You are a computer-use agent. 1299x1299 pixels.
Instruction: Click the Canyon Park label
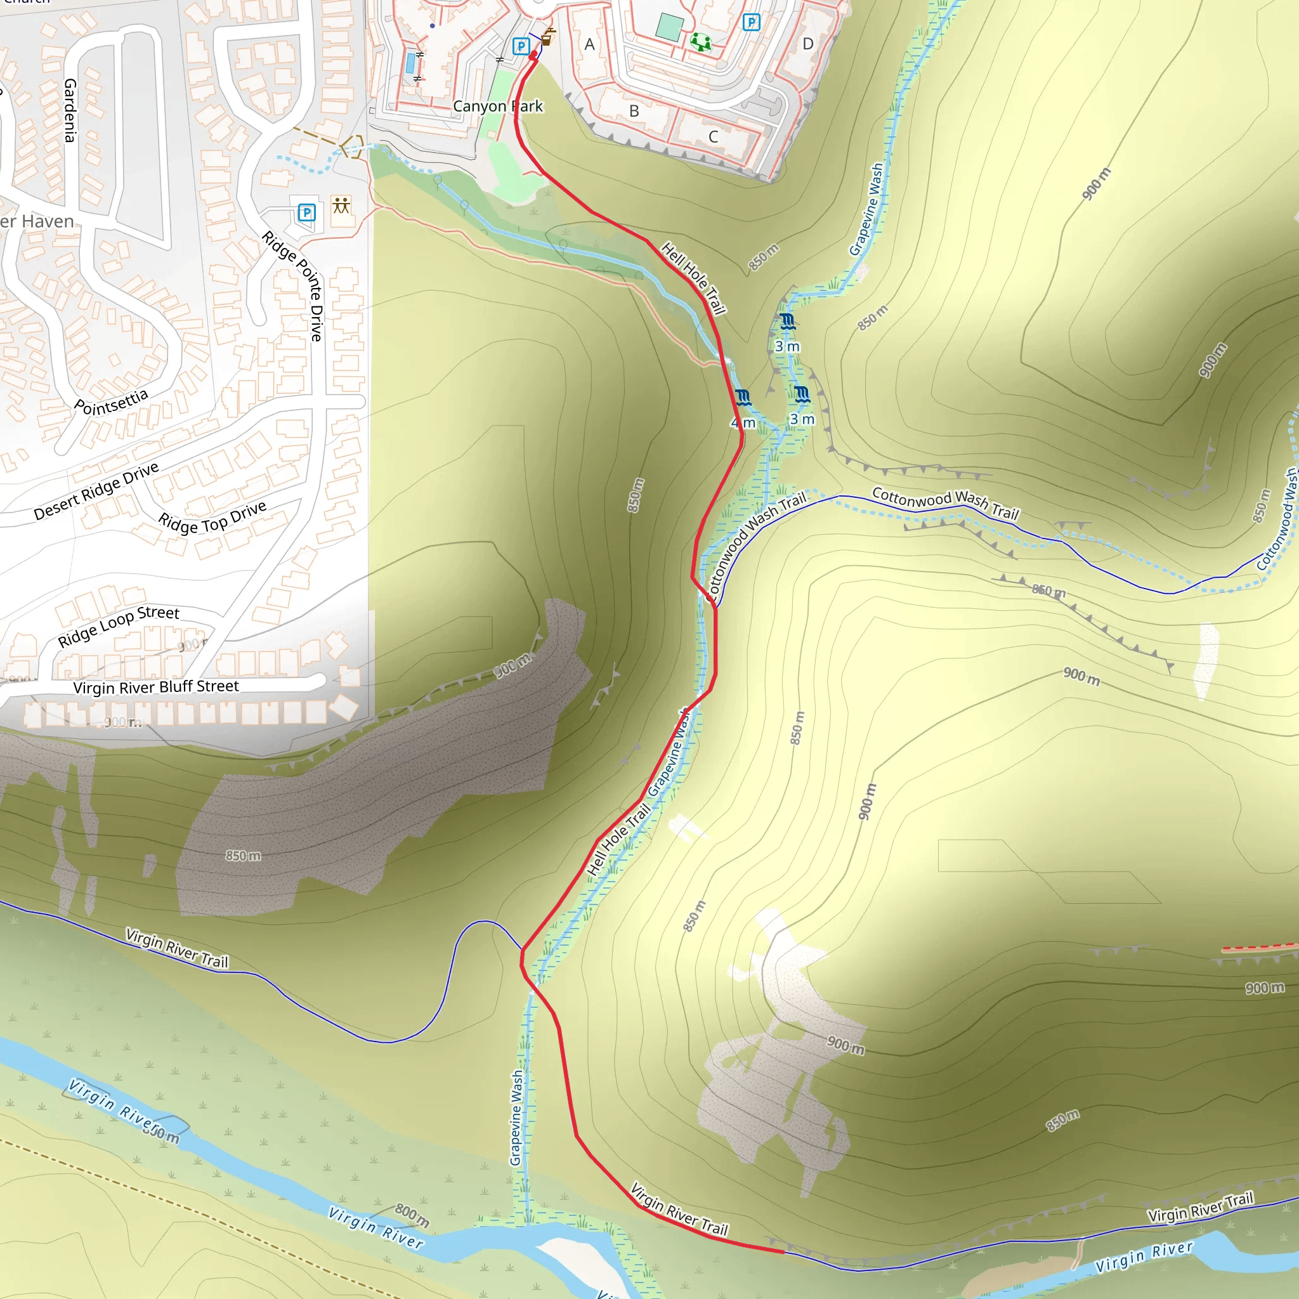pos(497,106)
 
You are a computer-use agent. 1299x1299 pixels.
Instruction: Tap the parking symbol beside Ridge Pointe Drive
pos(306,213)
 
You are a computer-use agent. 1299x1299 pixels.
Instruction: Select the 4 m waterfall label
pos(743,422)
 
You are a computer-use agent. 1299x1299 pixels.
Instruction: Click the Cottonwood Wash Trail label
pos(945,503)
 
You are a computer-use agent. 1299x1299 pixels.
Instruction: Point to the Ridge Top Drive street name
pos(212,518)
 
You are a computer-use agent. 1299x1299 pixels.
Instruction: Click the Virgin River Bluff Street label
pos(156,686)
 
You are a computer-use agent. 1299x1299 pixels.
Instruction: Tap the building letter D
pos(808,44)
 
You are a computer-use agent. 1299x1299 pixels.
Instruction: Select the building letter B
pos(634,111)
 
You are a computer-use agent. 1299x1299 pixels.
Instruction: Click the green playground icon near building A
pos(701,42)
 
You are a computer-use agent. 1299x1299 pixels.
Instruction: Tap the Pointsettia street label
pos(111,402)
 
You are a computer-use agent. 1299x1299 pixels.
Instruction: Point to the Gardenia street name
pos(70,110)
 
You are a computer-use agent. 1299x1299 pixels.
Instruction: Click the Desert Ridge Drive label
pos(96,491)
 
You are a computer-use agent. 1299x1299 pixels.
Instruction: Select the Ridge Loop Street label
pos(119,625)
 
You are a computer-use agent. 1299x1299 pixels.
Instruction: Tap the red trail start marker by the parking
pos(533,56)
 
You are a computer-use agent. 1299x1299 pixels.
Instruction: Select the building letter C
pos(714,136)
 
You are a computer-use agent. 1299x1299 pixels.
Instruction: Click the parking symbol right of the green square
pos(751,22)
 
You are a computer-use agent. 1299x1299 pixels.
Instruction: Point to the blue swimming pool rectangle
pos(410,64)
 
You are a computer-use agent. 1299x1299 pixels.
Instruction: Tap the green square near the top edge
pos(669,27)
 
